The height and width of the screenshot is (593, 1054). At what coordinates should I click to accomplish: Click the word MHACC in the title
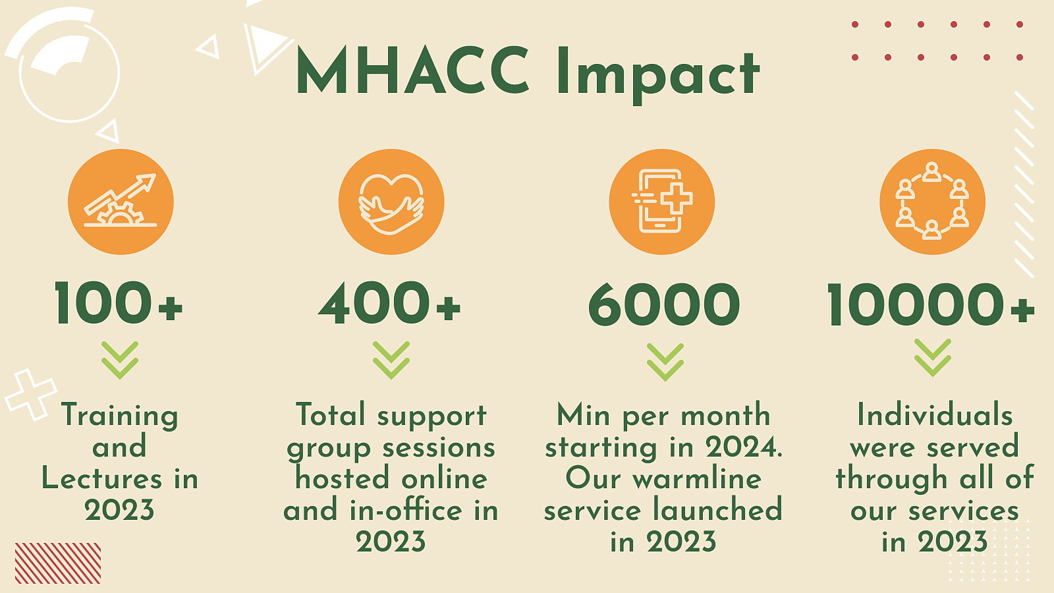pos(412,70)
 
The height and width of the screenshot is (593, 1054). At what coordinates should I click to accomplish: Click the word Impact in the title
pos(658,75)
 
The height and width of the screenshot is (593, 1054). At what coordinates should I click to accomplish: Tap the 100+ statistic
pos(119,303)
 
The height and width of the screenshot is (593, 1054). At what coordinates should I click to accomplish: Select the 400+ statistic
pos(389,303)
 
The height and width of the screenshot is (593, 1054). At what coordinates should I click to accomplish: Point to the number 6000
pos(664,304)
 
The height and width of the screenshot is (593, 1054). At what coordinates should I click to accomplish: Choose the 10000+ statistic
pos(931,304)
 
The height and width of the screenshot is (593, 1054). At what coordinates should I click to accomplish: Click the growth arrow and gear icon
pos(121,202)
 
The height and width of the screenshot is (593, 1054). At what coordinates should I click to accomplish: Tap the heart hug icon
pos(391,202)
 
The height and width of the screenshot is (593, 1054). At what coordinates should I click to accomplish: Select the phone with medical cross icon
pos(661,202)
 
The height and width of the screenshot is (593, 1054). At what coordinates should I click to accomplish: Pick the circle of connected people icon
pos(932,202)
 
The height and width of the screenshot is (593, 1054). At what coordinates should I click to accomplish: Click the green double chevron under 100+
pos(120,360)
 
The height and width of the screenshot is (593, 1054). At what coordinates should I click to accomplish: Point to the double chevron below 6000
pos(665,362)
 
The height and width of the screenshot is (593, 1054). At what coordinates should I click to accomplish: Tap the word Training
pos(119,416)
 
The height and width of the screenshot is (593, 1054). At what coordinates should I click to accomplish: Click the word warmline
pos(697,480)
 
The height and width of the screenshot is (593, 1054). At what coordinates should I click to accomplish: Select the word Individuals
pos(935,415)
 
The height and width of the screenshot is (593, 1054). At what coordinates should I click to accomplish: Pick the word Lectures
pos(101,478)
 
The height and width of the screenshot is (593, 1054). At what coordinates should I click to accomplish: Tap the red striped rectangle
pos(58,563)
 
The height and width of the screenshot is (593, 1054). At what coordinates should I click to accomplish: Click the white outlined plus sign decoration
pos(31,395)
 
